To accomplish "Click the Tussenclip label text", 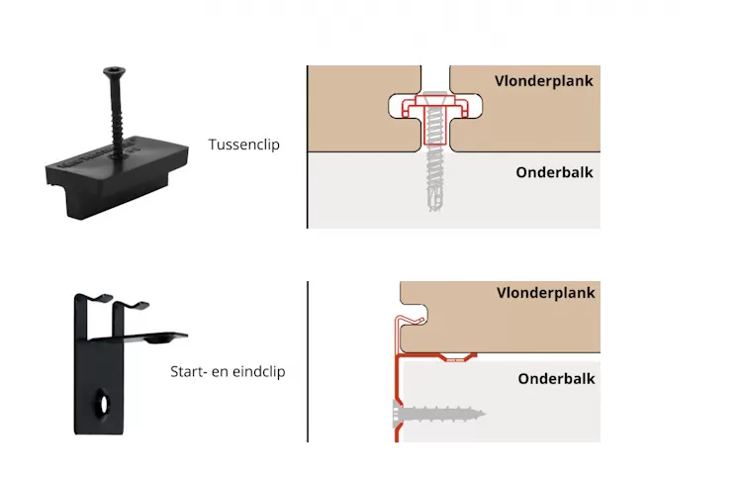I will [x=243, y=145].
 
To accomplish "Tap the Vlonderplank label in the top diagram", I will [x=544, y=81].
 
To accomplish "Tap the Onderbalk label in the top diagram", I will [x=554, y=172].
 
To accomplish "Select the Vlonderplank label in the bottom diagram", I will [x=545, y=293].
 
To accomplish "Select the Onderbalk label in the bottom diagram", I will [x=556, y=379].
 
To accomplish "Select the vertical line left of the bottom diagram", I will [x=307, y=361].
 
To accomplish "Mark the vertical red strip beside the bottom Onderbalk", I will [x=397, y=396].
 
